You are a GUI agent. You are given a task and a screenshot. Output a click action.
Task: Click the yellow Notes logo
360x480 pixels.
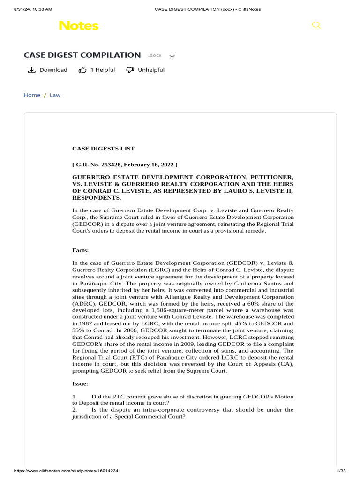pyautogui.click(x=78, y=25)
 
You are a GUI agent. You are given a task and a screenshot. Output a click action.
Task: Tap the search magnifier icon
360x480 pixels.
pyautogui.click(x=316, y=25)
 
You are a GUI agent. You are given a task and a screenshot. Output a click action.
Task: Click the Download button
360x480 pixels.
pyautogui.click(x=47, y=70)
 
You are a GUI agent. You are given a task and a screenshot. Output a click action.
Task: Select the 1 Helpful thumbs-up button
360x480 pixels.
pyautogui.click(x=97, y=70)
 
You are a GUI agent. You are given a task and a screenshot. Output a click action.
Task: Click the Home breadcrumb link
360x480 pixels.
pyautogui.click(x=32, y=95)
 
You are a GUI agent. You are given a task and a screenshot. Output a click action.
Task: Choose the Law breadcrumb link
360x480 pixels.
pyautogui.click(x=55, y=95)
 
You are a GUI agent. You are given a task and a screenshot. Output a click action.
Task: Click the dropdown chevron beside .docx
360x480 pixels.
pyautogui.click(x=172, y=56)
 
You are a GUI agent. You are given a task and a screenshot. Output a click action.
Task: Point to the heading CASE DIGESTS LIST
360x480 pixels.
pyautogui.click(x=103, y=149)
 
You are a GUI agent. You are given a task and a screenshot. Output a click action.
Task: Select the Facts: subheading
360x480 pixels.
pyautogui.click(x=81, y=251)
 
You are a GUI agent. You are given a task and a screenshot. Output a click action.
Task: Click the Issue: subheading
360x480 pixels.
pyautogui.click(x=80, y=384)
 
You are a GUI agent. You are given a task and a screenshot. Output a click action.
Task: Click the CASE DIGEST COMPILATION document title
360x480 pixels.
pyautogui.click(x=82, y=55)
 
